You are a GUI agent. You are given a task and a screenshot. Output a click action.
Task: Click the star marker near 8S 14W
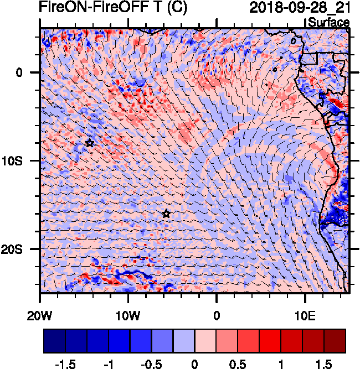90,143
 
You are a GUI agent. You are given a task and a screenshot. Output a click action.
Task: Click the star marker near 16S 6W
166,214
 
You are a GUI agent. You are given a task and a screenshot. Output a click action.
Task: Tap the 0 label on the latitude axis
19,72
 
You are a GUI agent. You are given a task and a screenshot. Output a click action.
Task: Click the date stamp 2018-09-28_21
300,8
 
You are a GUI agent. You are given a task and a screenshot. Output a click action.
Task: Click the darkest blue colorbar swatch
54,341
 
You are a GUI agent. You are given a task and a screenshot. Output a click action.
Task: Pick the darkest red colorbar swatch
335,341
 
